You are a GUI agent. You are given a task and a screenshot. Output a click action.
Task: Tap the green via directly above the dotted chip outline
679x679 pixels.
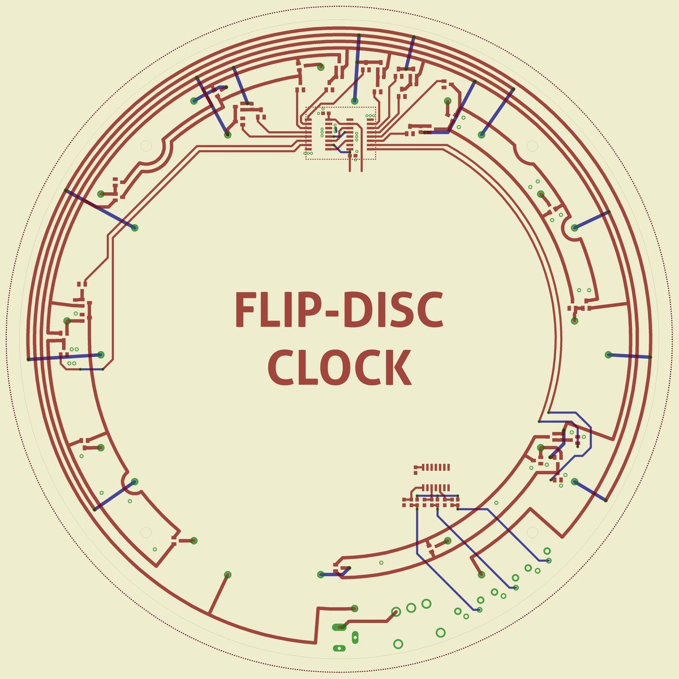coord(354,101)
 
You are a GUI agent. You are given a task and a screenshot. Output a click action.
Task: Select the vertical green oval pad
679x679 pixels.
coord(355,638)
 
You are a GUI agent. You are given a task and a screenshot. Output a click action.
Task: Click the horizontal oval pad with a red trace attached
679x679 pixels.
coord(339,627)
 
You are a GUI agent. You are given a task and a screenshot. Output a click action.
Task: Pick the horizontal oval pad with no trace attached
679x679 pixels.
coord(339,648)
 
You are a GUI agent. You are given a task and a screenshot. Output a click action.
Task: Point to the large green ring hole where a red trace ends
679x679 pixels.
coord(396,611)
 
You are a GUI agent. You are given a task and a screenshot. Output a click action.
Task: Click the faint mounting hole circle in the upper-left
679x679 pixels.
coord(145,146)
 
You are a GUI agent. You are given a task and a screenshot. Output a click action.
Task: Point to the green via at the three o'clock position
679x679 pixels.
coord(608,355)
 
